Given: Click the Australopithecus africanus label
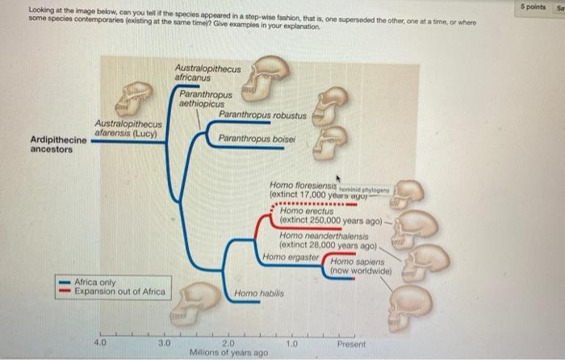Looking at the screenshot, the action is [x=207, y=74].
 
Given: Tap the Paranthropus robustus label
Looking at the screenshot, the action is [x=262, y=116].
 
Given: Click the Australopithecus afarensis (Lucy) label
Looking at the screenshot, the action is [x=129, y=128].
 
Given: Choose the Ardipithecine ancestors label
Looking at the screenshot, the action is [x=58, y=144].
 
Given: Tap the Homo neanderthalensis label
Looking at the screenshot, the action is [x=319, y=234].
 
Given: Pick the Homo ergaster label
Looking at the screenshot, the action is [x=291, y=257].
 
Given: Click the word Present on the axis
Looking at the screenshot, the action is [x=352, y=344].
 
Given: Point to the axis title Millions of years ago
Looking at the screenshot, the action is [x=227, y=353].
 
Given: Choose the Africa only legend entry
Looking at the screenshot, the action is [x=96, y=283].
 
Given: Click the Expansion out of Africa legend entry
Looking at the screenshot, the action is [x=119, y=291].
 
